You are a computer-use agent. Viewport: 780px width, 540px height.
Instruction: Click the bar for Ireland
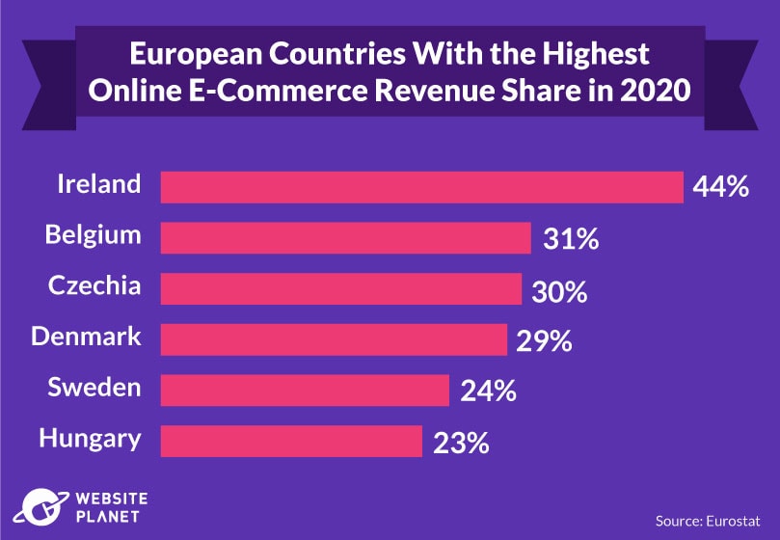pyautogui.click(x=421, y=187)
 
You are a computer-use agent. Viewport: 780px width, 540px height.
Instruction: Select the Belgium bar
pyautogui.click(x=345, y=238)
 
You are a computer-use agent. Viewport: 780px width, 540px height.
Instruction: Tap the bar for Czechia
pyautogui.click(x=340, y=288)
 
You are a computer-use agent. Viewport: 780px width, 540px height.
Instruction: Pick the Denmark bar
pyautogui.click(x=334, y=339)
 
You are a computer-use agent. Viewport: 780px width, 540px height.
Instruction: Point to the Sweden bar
pyautogui.click(x=305, y=391)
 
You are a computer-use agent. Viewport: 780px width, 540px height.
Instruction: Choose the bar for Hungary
pyautogui.click(x=291, y=442)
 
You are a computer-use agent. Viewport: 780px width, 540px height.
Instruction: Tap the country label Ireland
pyautogui.click(x=99, y=184)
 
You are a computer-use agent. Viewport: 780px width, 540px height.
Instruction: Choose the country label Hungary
pyautogui.click(x=90, y=440)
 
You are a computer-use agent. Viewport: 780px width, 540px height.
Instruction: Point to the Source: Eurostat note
pyautogui.click(x=705, y=521)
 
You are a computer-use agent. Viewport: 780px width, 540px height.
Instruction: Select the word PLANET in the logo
pyautogui.click(x=107, y=515)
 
